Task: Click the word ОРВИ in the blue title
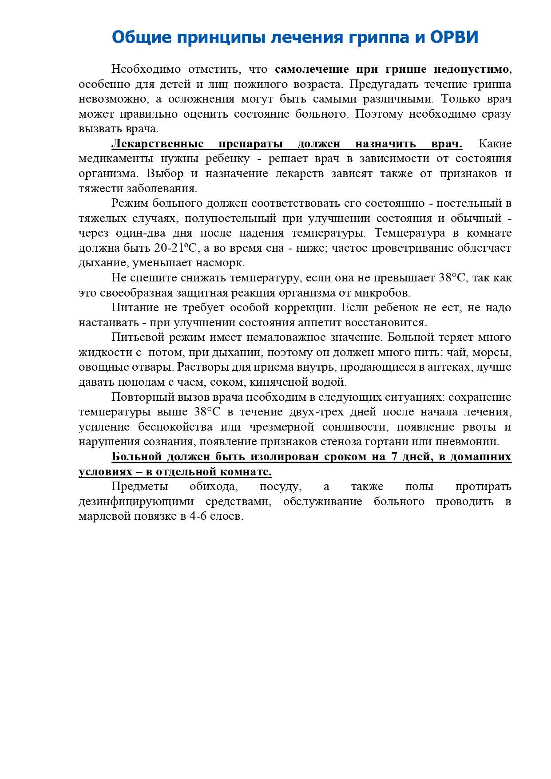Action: tap(454, 37)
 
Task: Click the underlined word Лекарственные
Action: tap(157, 144)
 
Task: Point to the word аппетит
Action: tap(315, 323)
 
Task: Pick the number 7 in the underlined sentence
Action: tap(394, 457)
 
